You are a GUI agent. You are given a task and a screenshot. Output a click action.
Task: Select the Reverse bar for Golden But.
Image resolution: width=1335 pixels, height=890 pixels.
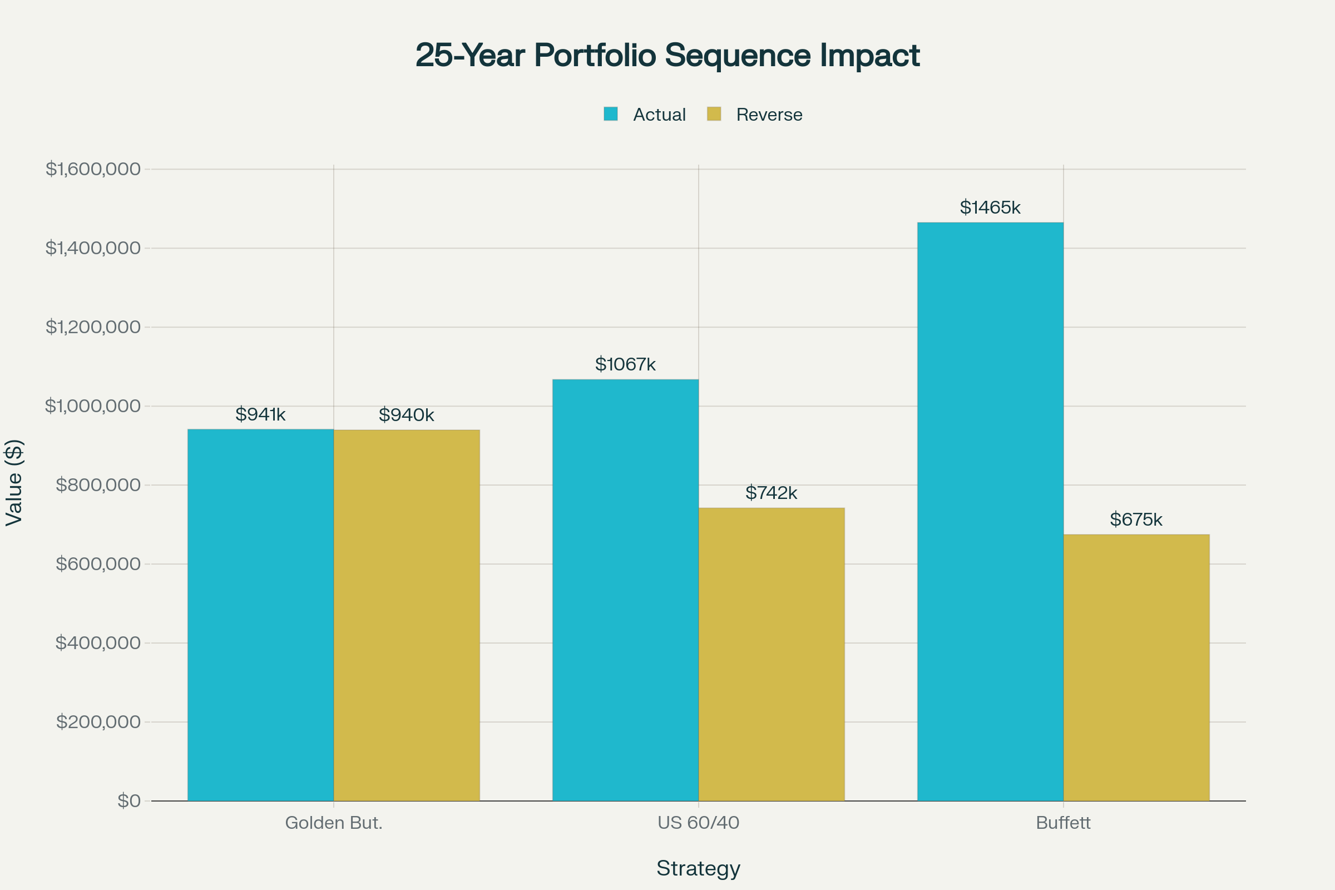pyautogui.click(x=407, y=615)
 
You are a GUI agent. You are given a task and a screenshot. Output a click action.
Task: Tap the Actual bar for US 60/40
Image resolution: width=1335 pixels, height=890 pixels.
pyautogui.click(x=625, y=590)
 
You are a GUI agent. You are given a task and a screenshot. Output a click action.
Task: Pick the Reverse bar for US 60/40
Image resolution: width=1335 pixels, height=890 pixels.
pyautogui.click(x=772, y=655)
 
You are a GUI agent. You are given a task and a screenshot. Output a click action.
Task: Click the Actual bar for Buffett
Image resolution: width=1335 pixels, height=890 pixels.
pyautogui.click(x=990, y=511)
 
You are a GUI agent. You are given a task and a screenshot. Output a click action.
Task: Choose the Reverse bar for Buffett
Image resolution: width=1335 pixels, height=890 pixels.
pyautogui.click(x=1136, y=667)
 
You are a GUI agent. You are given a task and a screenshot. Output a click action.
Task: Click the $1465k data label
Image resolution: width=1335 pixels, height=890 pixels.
pyautogui.click(x=990, y=207)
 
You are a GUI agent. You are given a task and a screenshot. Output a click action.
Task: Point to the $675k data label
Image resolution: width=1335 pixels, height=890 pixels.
pyautogui.click(x=1136, y=520)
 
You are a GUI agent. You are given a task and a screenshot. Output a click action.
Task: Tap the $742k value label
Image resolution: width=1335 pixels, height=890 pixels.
pyautogui.click(x=771, y=493)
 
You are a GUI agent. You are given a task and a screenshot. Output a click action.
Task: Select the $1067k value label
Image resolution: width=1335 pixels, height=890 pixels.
pyautogui.click(x=625, y=364)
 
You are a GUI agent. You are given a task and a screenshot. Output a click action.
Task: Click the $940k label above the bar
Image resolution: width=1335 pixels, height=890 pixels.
pyautogui.click(x=407, y=415)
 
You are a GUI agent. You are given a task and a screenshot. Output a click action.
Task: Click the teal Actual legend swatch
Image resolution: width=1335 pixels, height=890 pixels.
pyautogui.click(x=611, y=114)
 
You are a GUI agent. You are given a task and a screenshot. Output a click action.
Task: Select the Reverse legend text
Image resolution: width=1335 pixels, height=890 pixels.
pyautogui.click(x=769, y=115)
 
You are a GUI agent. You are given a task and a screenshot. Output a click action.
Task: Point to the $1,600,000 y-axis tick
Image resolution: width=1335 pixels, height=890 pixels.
pyautogui.click(x=93, y=169)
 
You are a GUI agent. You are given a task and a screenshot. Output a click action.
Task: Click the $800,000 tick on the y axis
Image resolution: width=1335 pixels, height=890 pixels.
pyautogui.click(x=98, y=484)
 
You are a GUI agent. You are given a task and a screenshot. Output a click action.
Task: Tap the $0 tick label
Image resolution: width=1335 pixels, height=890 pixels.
pyautogui.click(x=129, y=800)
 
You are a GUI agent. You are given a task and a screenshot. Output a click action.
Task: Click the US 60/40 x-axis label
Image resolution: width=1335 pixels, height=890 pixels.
pyautogui.click(x=698, y=823)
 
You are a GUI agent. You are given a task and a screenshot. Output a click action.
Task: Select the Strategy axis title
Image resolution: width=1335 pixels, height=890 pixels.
pyautogui.click(x=698, y=868)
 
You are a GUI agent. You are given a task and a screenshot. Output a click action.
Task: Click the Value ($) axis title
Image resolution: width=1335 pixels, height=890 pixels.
pyautogui.click(x=13, y=482)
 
